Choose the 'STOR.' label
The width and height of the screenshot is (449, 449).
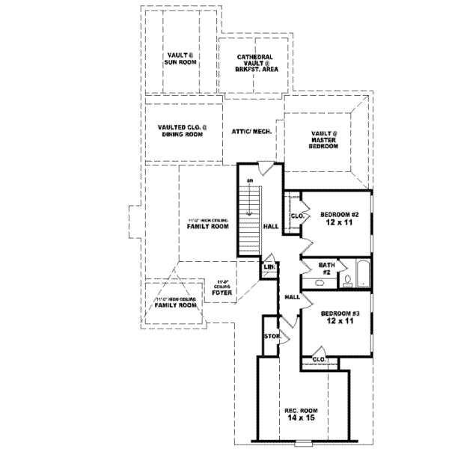[x=272, y=337]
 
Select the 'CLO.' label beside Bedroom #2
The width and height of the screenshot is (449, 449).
[x=296, y=217]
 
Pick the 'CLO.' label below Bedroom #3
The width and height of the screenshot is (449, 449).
[x=319, y=360]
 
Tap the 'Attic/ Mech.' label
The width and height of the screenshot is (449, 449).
[x=251, y=129]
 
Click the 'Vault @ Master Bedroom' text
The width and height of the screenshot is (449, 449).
[x=325, y=139]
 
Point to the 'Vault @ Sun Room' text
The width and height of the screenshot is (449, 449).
[x=180, y=58]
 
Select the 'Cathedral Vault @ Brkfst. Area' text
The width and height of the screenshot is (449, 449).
[x=254, y=62]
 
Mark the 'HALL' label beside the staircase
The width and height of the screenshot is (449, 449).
[x=271, y=225]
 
